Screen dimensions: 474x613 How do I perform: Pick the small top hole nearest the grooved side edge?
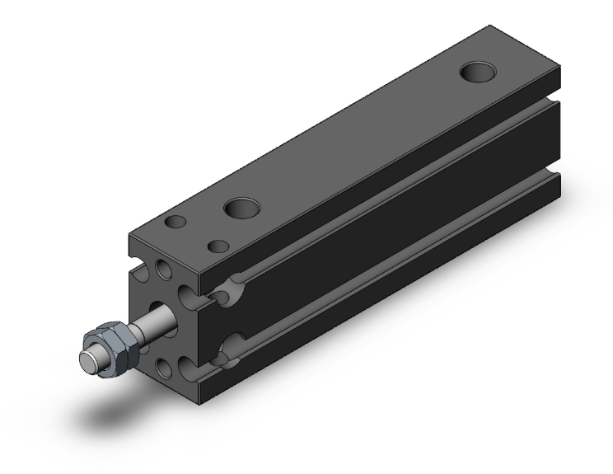[x=218, y=245]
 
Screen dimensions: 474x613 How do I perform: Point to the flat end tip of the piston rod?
[x=86, y=359]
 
